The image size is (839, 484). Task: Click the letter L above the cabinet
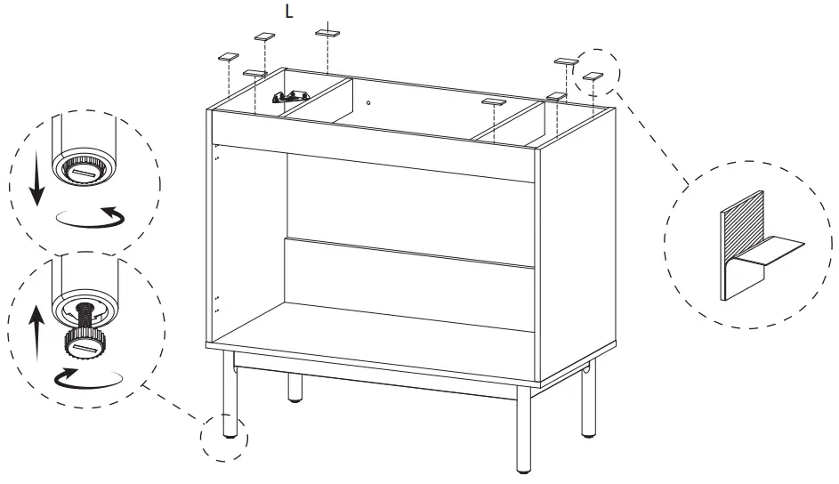(288, 12)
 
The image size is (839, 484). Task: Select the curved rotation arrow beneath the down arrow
(90, 217)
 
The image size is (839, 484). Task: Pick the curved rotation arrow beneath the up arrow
(89, 378)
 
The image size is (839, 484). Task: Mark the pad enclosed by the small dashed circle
(593, 77)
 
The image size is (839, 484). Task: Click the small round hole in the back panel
(368, 102)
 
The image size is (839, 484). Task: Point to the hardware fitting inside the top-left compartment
(291, 95)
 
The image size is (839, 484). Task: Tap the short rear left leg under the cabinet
(295, 388)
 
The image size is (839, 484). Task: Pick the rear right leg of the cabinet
(587, 405)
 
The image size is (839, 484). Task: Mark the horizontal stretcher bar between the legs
(374, 375)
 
